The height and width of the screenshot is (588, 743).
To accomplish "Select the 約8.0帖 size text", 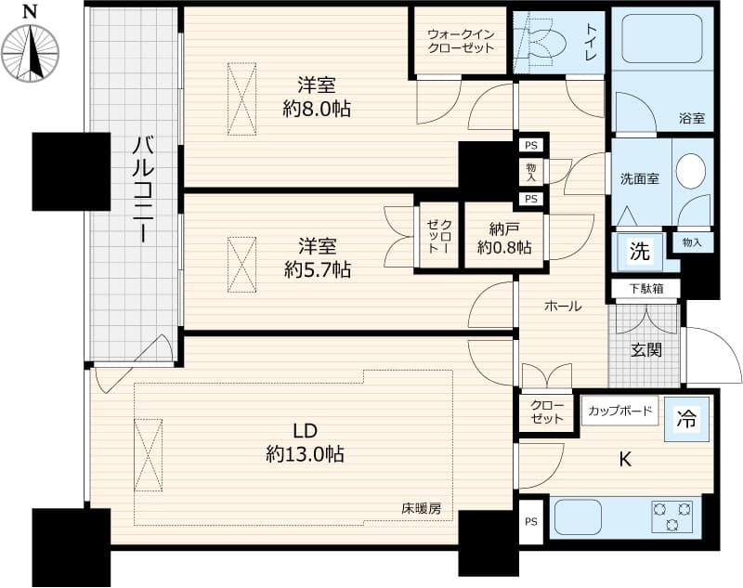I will [x=316, y=109].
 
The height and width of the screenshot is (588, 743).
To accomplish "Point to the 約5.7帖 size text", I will [x=316, y=270].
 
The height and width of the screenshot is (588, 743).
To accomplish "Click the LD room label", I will [x=306, y=431].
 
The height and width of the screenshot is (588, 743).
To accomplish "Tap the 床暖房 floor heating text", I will [x=421, y=508].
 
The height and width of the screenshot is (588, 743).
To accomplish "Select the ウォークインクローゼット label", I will [x=461, y=41].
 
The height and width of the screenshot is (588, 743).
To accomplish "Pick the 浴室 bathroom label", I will [x=691, y=119].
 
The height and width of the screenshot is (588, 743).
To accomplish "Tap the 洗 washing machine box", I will [x=640, y=251].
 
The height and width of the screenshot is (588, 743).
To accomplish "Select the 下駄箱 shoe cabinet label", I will [x=645, y=289].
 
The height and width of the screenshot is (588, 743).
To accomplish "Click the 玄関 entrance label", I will [x=645, y=350].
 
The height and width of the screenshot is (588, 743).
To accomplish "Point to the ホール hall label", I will [x=563, y=306].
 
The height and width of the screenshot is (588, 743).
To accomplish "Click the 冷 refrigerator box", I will [x=685, y=420].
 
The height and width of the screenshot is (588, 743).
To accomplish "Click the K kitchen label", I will [x=625, y=458].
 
